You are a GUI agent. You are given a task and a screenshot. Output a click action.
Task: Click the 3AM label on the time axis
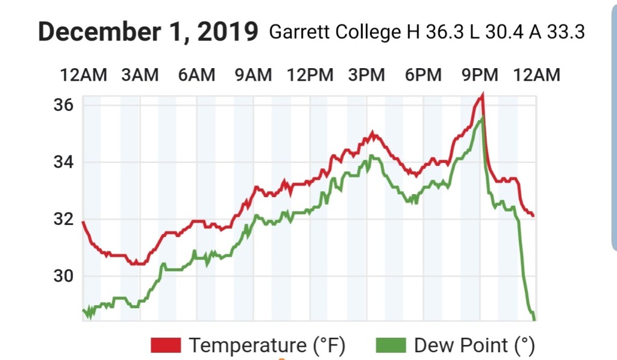tap(140, 75)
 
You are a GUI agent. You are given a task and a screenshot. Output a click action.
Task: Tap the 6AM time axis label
tap(196, 75)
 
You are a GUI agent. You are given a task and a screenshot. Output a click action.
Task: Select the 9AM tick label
tap(253, 75)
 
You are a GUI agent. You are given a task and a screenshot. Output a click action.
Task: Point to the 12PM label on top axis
tap(310, 75)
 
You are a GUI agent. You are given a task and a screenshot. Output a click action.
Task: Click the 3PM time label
tap(366, 75)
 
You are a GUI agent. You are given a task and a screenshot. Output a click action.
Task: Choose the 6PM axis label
tap(423, 75)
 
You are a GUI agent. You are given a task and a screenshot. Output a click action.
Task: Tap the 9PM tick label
tap(480, 75)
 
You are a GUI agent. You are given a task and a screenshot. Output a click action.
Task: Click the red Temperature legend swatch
tap(166, 346)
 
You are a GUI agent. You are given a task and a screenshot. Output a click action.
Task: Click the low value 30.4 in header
tap(504, 32)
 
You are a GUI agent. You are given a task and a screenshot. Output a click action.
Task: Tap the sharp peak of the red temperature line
tap(482, 95)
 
